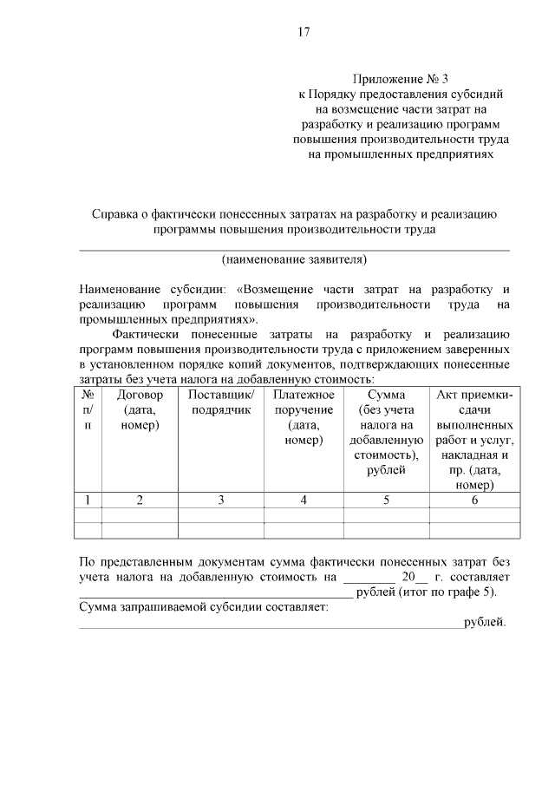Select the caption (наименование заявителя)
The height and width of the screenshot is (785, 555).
pyautogui.click(x=295, y=259)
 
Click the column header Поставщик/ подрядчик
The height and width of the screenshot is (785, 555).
pyautogui.click(x=221, y=402)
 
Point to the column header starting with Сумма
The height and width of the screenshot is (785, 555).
pyautogui.click(x=387, y=396)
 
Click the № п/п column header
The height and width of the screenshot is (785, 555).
pyautogui.click(x=88, y=410)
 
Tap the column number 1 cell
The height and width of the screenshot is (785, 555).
pyautogui.click(x=88, y=500)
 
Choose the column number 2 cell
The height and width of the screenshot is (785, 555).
pyautogui.click(x=140, y=500)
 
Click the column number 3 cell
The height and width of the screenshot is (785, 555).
pyautogui.click(x=221, y=500)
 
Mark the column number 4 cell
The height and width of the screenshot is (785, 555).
pyautogui.click(x=304, y=500)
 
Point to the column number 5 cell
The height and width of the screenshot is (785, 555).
pyautogui.click(x=387, y=500)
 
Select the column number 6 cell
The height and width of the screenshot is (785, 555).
pyautogui.click(x=474, y=500)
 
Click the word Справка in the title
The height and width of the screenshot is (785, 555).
pyautogui.click(x=117, y=214)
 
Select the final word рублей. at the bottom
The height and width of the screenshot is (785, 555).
pyautogui.click(x=485, y=622)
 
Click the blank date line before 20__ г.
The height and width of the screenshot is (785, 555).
pyautogui.click(x=369, y=577)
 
